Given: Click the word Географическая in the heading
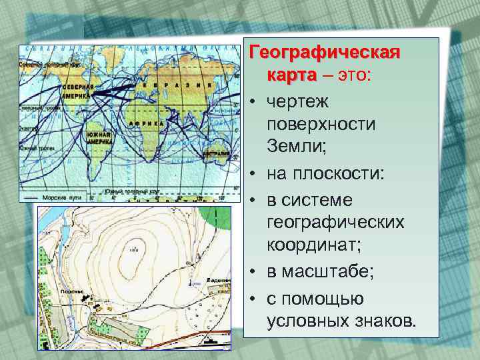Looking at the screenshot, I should pos(324,53).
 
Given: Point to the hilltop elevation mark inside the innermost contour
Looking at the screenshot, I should pos(134,249).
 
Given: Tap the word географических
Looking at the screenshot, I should pos(335,222).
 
